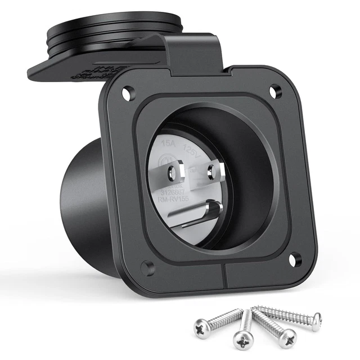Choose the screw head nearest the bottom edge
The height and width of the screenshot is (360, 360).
pyautogui.click(x=242, y=340)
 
